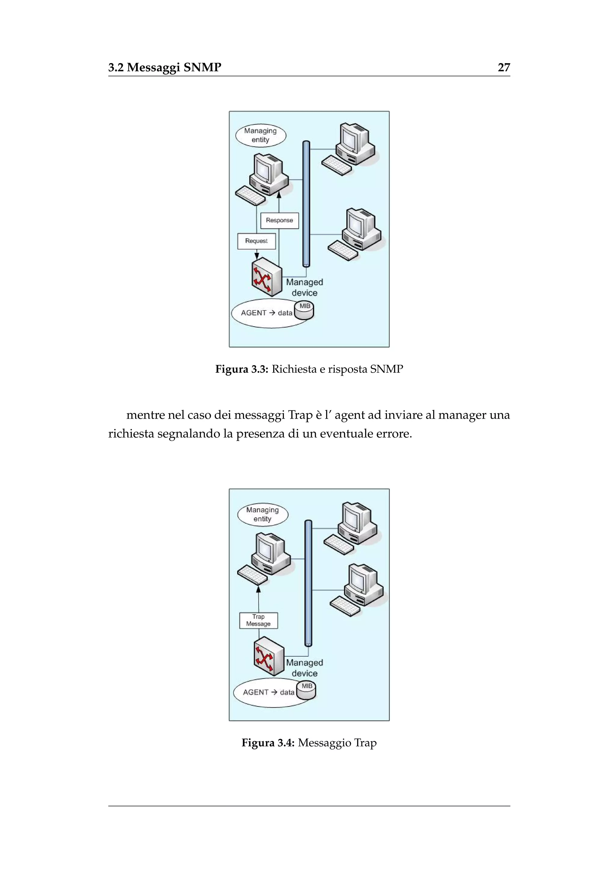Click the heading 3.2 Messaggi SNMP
coord(165,68)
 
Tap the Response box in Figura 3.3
coord(279,220)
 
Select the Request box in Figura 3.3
coord(256,241)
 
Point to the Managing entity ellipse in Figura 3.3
coord(260,135)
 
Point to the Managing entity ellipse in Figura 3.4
coord(263,514)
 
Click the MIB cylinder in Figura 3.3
coord(304,310)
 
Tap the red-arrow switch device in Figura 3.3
coord(267,277)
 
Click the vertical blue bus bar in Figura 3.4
coord(308,582)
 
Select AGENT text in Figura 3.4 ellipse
coord(255,692)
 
